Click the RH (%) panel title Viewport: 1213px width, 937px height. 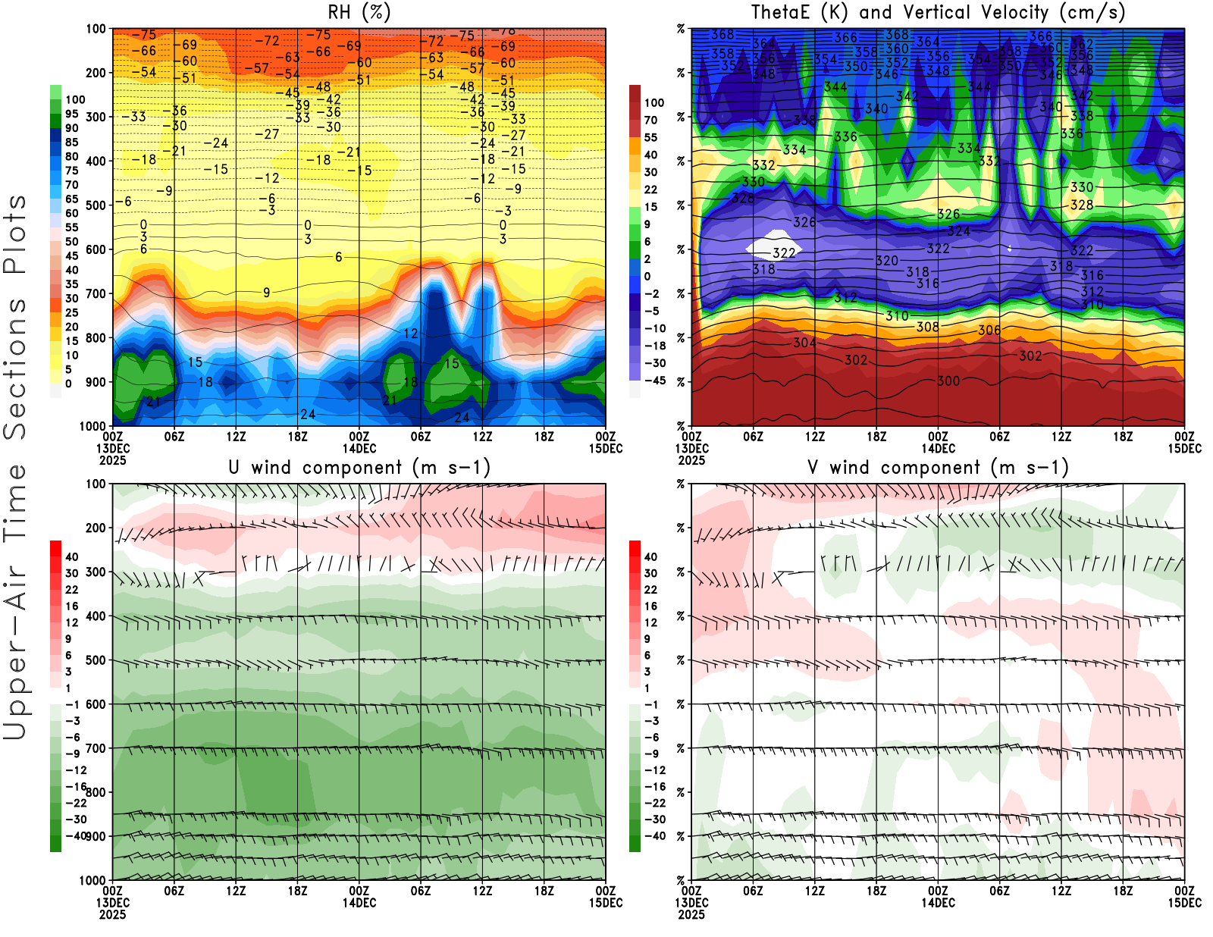(359, 13)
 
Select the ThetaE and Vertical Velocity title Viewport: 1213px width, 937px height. (938, 13)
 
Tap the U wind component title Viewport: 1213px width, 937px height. (359, 468)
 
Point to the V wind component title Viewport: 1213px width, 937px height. (938, 468)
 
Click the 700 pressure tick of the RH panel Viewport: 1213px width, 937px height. (96, 293)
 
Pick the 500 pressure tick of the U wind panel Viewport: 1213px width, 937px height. (96, 660)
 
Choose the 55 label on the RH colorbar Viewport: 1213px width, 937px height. (71, 227)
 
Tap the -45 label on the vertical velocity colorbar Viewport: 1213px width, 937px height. (654, 381)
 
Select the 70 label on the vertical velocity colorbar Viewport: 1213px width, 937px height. (650, 120)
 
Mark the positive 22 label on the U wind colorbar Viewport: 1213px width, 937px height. (71, 590)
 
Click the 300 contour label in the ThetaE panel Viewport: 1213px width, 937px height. (948, 381)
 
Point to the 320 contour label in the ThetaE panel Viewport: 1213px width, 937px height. (887, 261)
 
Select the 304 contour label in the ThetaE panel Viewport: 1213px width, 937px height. (804, 343)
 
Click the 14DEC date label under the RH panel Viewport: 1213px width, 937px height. (359, 448)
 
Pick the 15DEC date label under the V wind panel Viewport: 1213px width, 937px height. (1184, 903)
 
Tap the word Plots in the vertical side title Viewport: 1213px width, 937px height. (15, 235)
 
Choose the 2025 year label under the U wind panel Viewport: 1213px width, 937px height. (112, 914)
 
